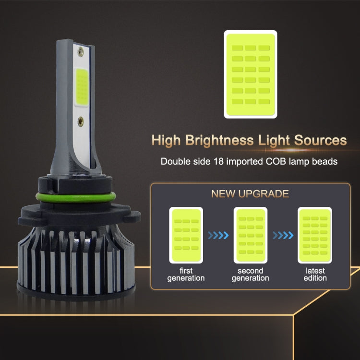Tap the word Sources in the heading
coord(318,140)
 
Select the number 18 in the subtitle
coord(218,161)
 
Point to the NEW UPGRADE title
coord(250,194)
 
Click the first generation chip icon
coord(185,235)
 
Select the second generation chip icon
coord(250,235)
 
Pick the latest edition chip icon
coord(315,235)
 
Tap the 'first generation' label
coord(185,275)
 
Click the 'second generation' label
coord(250,275)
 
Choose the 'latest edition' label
coord(315,275)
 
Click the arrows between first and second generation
coord(217,236)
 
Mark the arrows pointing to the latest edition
coord(282,236)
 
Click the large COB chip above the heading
coord(250,74)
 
